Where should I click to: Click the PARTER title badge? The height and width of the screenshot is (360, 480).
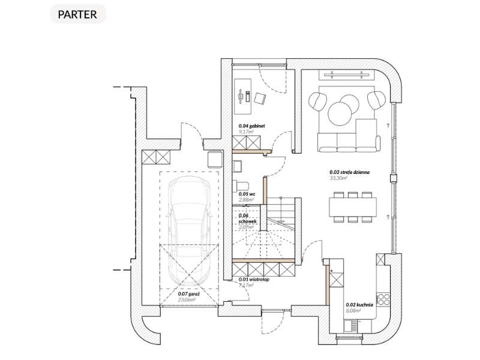(x=78, y=14)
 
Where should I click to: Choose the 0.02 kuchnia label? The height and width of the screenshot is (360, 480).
(x=359, y=304)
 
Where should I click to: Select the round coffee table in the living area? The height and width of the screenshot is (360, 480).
(x=341, y=112)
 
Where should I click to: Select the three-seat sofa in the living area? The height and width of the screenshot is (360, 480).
(x=349, y=142)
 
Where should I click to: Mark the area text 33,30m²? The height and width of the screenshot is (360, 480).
(x=340, y=178)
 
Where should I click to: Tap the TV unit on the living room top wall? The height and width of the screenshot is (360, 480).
(x=349, y=74)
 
